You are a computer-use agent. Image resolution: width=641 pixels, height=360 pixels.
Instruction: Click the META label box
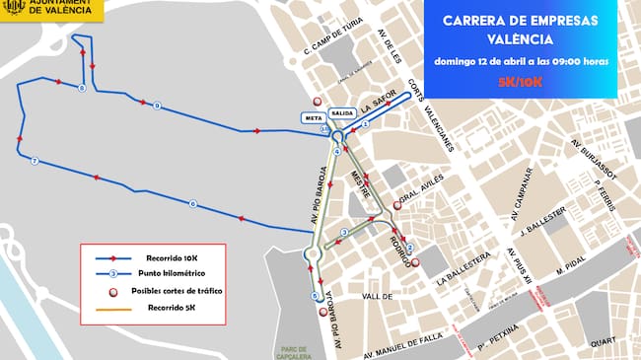coord(315,116)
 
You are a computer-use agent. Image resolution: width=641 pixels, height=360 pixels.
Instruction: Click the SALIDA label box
coord(343,113)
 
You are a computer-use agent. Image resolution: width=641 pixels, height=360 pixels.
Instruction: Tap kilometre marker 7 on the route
coord(35,161)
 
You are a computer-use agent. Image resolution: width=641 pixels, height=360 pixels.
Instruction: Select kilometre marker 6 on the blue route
coord(192,204)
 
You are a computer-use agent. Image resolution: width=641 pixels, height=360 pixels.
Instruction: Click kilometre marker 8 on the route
coord(80,89)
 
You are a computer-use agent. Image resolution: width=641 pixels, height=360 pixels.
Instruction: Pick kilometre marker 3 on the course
coord(344,233)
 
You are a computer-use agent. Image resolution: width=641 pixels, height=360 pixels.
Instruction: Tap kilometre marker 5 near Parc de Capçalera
coord(315,295)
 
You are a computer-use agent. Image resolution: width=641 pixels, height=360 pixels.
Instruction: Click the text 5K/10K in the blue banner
coord(519,80)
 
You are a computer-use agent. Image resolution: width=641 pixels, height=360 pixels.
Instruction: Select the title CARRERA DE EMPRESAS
coord(519,20)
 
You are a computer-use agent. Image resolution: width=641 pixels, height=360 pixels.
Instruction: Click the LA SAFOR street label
coord(379,102)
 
